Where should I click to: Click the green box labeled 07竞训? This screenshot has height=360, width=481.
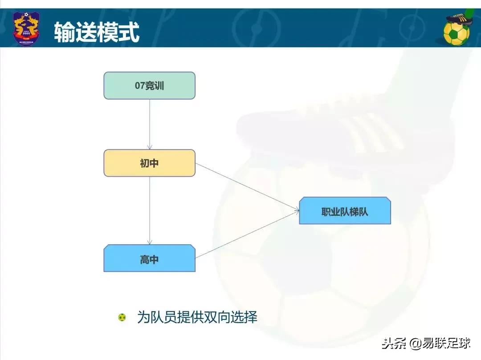coord(149,85)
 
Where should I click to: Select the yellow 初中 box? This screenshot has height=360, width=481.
coord(149,163)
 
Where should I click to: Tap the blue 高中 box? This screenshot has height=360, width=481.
coord(149,259)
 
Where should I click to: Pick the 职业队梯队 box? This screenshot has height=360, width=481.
coord(345,211)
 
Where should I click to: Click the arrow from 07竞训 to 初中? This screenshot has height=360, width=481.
coord(150,124)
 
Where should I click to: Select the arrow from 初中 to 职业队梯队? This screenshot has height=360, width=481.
coord(247,187)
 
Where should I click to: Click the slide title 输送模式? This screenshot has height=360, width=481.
coord(97,32)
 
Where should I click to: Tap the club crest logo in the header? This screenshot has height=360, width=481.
coord(26,28)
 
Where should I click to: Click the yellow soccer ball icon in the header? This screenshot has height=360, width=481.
coord(456,32)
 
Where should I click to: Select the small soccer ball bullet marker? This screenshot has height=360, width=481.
coord(122,318)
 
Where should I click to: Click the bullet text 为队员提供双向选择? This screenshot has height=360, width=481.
coord(197,317)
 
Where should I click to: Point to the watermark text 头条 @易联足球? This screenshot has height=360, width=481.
coord(425,344)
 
